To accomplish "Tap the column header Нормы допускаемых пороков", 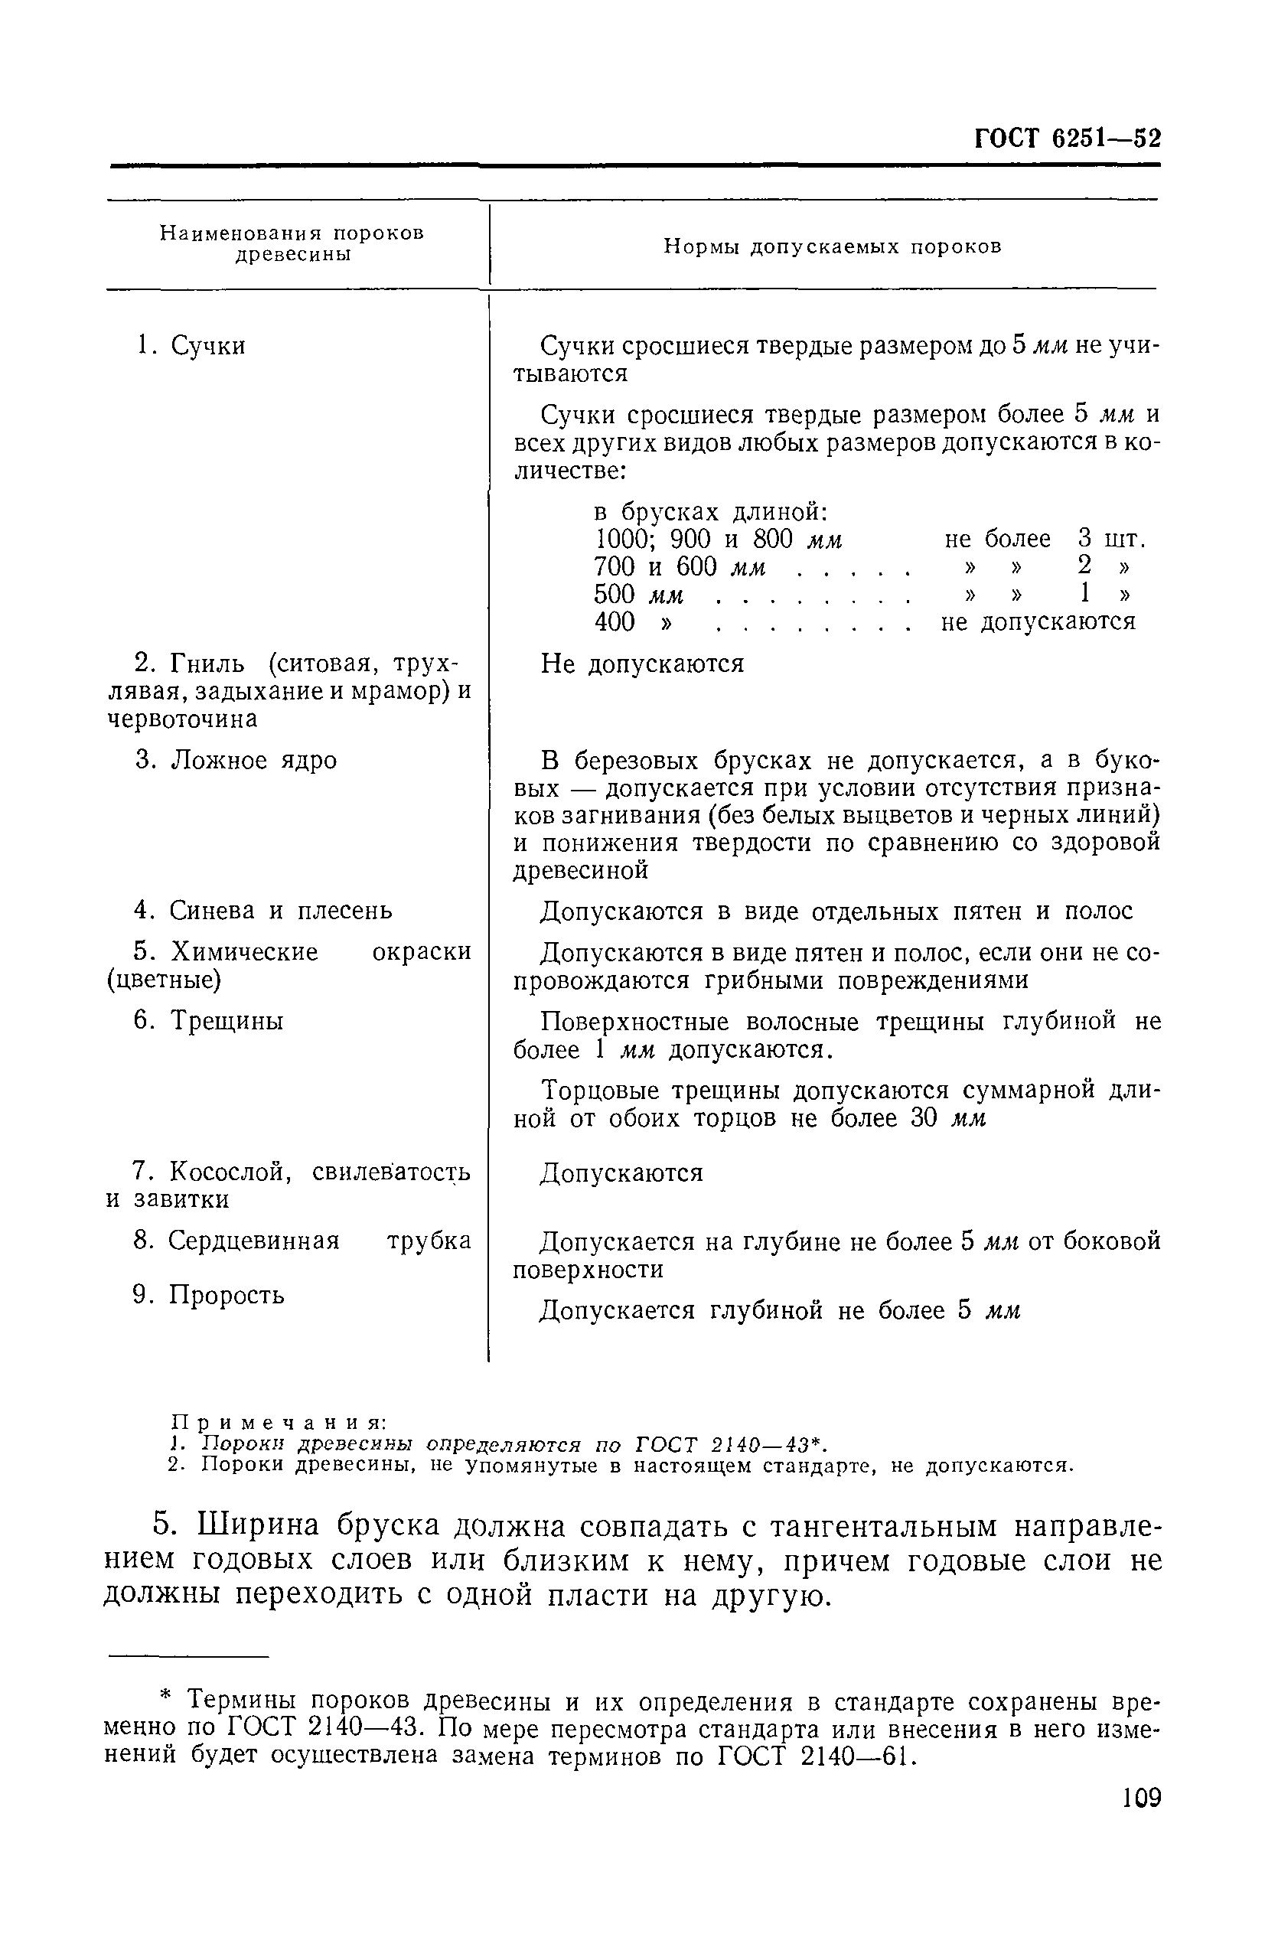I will click(x=832, y=247).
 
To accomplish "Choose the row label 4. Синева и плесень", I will click(x=262, y=911).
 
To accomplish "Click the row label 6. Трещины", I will click(x=209, y=1022).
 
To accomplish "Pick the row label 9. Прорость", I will click(x=209, y=1294).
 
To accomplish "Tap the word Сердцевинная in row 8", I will click(x=253, y=1241).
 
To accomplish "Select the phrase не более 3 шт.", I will click(x=1044, y=539).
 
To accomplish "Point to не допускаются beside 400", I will click(x=1038, y=622).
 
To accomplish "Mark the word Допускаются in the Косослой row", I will click(x=621, y=1173).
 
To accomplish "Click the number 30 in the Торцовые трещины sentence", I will click(x=925, y=1119).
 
